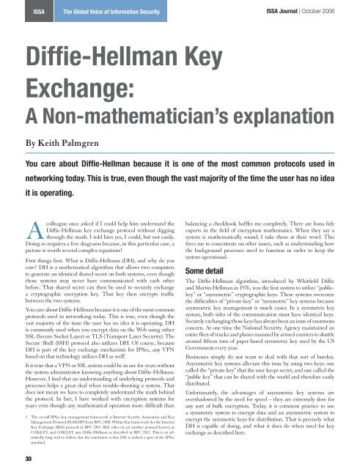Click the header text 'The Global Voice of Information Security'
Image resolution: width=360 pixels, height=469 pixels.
click(x=99, y=11)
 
